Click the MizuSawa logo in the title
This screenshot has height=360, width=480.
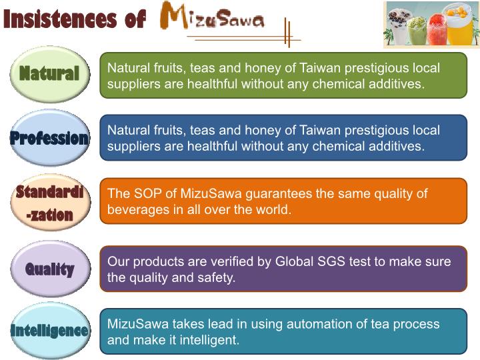coord(212,16)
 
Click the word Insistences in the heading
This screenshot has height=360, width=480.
coord(60,19)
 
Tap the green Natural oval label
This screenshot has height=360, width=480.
coord(50,74)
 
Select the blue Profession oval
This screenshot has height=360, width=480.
coord(50,138)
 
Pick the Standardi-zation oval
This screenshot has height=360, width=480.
coord(51,203)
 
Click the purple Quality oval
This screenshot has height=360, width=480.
coord(51,269)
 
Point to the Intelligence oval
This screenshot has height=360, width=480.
coord(51,330)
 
